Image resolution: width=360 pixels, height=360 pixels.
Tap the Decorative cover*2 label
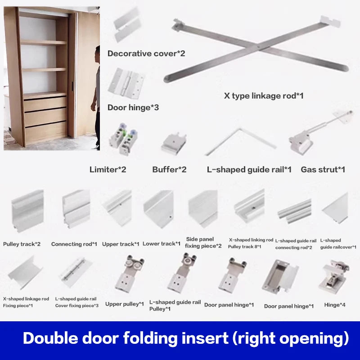tap(146, 54)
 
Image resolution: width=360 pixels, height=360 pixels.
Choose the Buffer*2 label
tap(169, 170)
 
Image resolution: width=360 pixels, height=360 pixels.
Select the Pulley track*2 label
tap(22, 244)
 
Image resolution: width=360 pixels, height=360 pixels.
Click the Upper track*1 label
tap(121, 244)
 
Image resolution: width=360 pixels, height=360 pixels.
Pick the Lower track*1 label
tap(162, 244)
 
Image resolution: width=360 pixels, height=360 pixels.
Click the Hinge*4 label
tap(335, 305)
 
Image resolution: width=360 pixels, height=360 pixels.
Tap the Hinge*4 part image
tap(334, 275)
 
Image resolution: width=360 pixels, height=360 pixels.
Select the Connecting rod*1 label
tap(74, 244)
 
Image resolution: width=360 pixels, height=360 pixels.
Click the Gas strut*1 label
tap(323, 170)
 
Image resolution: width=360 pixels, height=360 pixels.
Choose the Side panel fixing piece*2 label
tap(203, 242)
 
